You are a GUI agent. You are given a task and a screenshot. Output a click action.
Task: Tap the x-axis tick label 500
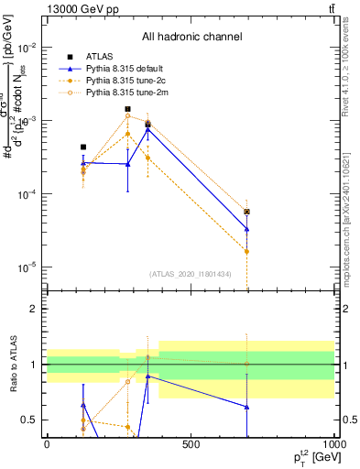191,444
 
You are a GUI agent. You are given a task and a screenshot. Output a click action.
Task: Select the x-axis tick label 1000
332,444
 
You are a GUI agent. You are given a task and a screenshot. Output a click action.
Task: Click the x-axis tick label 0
47,444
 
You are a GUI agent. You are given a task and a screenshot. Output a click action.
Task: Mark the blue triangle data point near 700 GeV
247,229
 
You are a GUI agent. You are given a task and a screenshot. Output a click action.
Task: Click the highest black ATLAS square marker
127,109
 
